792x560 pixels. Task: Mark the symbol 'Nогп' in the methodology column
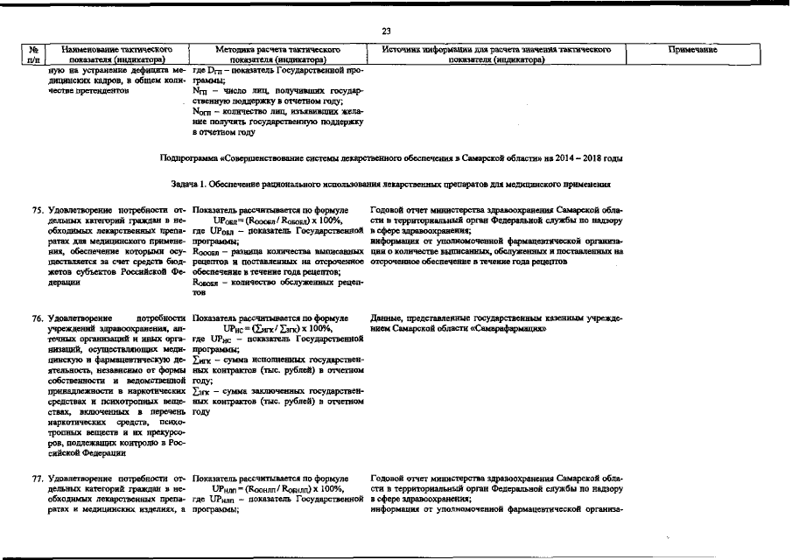[x=202, y=112]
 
